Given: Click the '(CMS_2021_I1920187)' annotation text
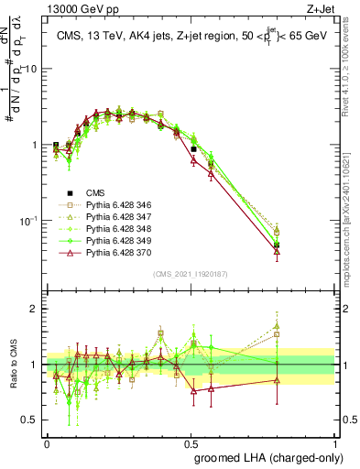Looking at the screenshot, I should [x=191, y=273].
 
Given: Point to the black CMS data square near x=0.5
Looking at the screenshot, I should [x=193, y=148].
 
